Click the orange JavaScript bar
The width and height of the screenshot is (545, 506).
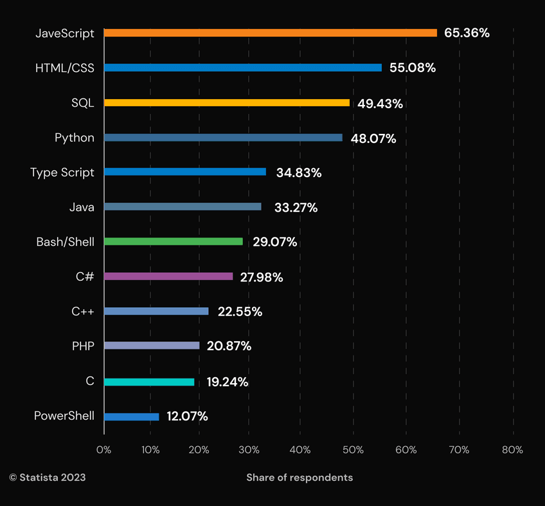[x=270, y=33]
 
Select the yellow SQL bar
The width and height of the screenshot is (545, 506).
[x=226, y=102]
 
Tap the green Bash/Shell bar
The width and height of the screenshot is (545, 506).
[x=173, y=241]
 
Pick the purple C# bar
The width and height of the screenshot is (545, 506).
[x=168, y=276]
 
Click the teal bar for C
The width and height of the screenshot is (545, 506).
[x=148, y=382]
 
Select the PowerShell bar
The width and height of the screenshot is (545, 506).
[x=131, y=417]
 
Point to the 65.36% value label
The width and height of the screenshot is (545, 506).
[x=467, y=33]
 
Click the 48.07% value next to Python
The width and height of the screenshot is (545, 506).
[x=373, y=138]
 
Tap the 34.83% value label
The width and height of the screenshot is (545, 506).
[x=299, y=173]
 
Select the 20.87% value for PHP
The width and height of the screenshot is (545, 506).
[x=229, y=346]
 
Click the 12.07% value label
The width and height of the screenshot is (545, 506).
[x=187, y=417]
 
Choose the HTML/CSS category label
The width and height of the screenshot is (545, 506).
[x=65, y=68]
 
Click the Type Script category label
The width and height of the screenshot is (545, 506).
[x=62, y=173]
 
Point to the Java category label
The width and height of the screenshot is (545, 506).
[x=82, y=207]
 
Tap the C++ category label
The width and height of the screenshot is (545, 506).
[x=83, y=312]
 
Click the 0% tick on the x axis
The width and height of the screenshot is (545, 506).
[x=103, y=450]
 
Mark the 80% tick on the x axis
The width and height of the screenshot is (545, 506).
[x=512, y=450]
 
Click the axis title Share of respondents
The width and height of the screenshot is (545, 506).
[x=299, y=478]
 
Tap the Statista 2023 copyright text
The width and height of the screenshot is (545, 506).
[x=47, y=478]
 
